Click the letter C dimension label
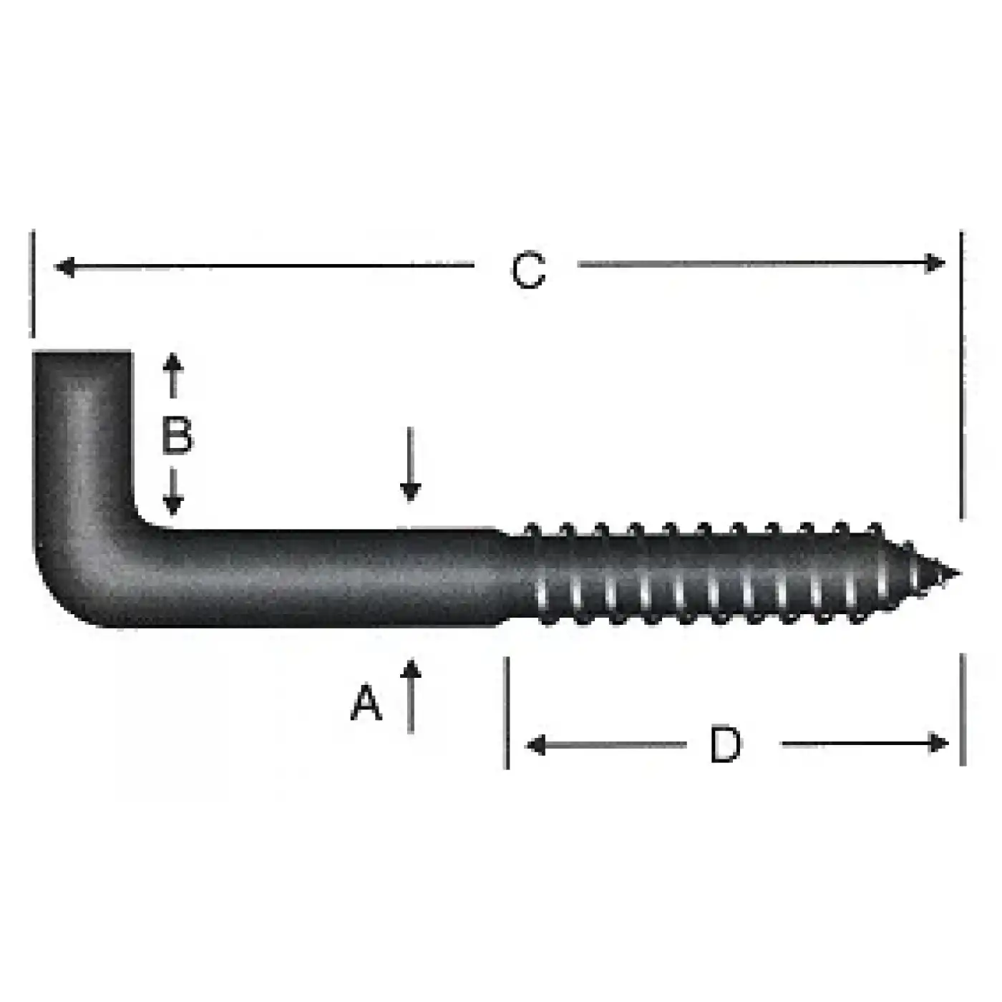(x=528, y=271)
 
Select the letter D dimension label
(x=726, y=744)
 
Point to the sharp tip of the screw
(x=955, y=573)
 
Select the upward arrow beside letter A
(x=410, y=694)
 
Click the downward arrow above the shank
(x=410, y=465)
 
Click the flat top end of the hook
(x=82, y=353)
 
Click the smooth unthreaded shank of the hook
(x=322, y=577)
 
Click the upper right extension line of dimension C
(x=961, y=372)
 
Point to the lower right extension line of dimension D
(x=963, y=709)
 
